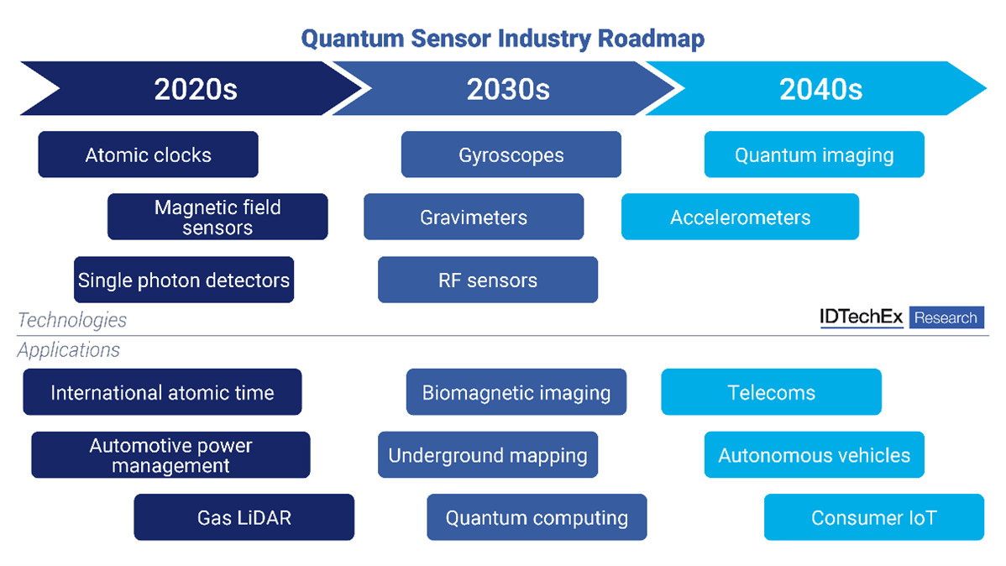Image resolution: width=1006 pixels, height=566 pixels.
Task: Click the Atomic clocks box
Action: pos(148,155)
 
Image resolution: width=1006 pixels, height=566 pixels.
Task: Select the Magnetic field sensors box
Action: pos(217,217)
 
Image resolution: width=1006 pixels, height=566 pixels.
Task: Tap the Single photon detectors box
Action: pos(184,280)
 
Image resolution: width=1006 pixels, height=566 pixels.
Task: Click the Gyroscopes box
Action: pos(511,155)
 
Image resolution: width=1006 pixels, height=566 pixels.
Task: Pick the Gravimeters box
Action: pos(474,217)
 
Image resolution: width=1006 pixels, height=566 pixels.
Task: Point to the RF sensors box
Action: pos(488,280)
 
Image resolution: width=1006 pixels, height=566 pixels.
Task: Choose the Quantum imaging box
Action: pos(814,155)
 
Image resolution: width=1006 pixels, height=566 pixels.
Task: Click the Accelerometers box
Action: pos(740,217)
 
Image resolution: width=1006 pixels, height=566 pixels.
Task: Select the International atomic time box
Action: pos(162,392)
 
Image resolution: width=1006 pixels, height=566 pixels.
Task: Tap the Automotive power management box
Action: pos(170,455)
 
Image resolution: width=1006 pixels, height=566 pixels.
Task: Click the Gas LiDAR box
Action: pos(244,517)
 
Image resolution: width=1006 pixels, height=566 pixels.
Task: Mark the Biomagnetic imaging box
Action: pos(516,392)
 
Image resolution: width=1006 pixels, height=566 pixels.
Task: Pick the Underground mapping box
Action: pos(488,455)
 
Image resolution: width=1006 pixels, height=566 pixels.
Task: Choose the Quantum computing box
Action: pos(537,517)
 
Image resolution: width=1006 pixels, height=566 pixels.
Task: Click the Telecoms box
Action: pos(771,392)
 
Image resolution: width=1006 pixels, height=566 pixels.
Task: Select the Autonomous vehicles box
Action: pos(814,455)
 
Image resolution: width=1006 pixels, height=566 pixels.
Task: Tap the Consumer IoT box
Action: pos(873,517)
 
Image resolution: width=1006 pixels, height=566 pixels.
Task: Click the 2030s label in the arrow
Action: pos(508,89)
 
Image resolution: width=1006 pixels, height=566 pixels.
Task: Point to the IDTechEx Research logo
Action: pos(901,317)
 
